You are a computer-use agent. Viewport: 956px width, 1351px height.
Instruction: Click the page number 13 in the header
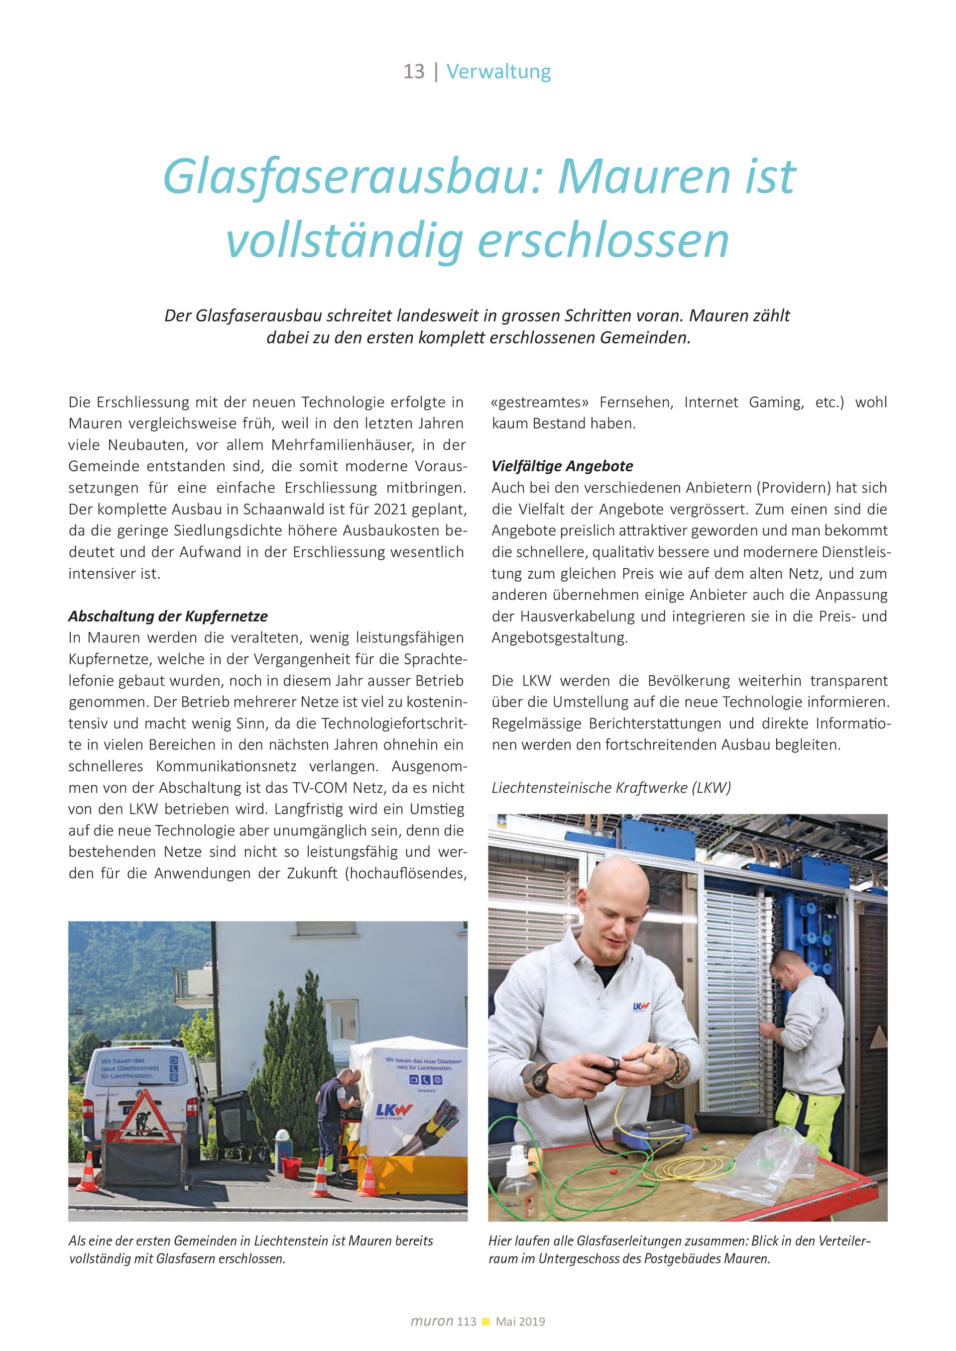pos(413,72)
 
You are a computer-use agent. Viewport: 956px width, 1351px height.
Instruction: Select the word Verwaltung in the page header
pos(498,72)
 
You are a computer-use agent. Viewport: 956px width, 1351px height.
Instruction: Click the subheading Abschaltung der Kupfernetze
pos(168,616)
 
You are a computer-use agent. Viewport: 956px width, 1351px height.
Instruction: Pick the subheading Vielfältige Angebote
pos(562,466)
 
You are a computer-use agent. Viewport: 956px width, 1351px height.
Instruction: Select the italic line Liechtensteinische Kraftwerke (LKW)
pos(611,788)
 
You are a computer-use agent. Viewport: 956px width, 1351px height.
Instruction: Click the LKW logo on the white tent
pos(394,1111)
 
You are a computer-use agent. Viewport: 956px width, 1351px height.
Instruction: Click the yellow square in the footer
pos(485,1322)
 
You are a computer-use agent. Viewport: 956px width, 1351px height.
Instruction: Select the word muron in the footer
pos(432,1321)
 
